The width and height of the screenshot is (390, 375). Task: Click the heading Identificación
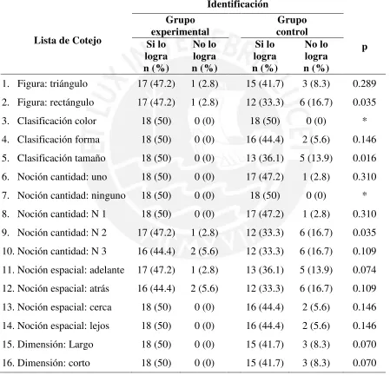(237, 4)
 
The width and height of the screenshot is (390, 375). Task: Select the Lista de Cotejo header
(68, 41)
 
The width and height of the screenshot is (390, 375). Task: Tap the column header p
(365, 47)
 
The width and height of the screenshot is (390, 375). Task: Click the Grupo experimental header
(180, 26)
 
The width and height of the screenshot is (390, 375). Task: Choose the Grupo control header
(292, 26)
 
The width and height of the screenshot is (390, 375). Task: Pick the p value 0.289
(365, 83)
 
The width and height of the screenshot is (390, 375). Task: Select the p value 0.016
(365, 158)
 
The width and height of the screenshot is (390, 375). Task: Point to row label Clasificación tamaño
(62, 158)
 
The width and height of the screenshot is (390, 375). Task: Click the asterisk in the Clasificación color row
(365, 120)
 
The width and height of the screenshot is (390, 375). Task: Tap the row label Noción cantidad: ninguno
(71, 195)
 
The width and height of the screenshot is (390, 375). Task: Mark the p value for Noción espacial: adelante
(365, 270)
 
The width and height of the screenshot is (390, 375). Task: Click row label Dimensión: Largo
(56, 345)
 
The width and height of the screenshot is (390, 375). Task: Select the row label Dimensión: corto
(54, 363)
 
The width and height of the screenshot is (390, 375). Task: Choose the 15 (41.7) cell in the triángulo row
(265, 83)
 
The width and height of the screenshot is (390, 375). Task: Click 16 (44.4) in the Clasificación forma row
(265, 140)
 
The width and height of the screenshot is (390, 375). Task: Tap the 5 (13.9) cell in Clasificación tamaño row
(316, 158)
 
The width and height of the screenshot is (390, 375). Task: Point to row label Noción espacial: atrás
(63, 288)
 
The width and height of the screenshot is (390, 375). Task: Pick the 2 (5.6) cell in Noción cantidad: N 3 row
(204, 251)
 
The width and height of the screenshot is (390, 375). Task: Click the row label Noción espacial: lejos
(63, 326)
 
